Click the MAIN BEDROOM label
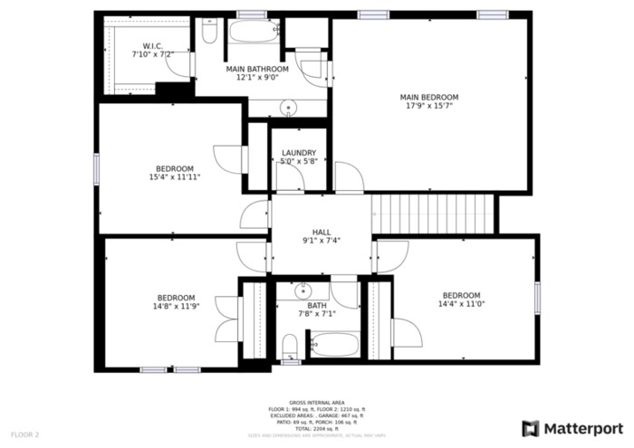(x=429, y=97)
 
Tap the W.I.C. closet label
(x=152, y=46)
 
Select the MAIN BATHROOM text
(x=256, y=69)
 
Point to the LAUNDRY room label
(x=299, y=153)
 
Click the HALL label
(x=322, y=232)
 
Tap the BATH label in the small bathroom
(x=316, y=306)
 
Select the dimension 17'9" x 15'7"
(x=429, y=106)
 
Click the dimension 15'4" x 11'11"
(x=175, y=177)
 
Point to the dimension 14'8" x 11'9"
(x=176, y=307)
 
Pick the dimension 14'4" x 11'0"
(x=461, y=305)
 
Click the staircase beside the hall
(x=434, y=214)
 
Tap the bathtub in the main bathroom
(x=255, y=32)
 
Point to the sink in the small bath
(x=303, y=291)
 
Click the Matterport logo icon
(x=531, y=428)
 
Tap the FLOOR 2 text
(x=25, y=435)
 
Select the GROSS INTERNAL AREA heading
(x=316, y=402)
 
